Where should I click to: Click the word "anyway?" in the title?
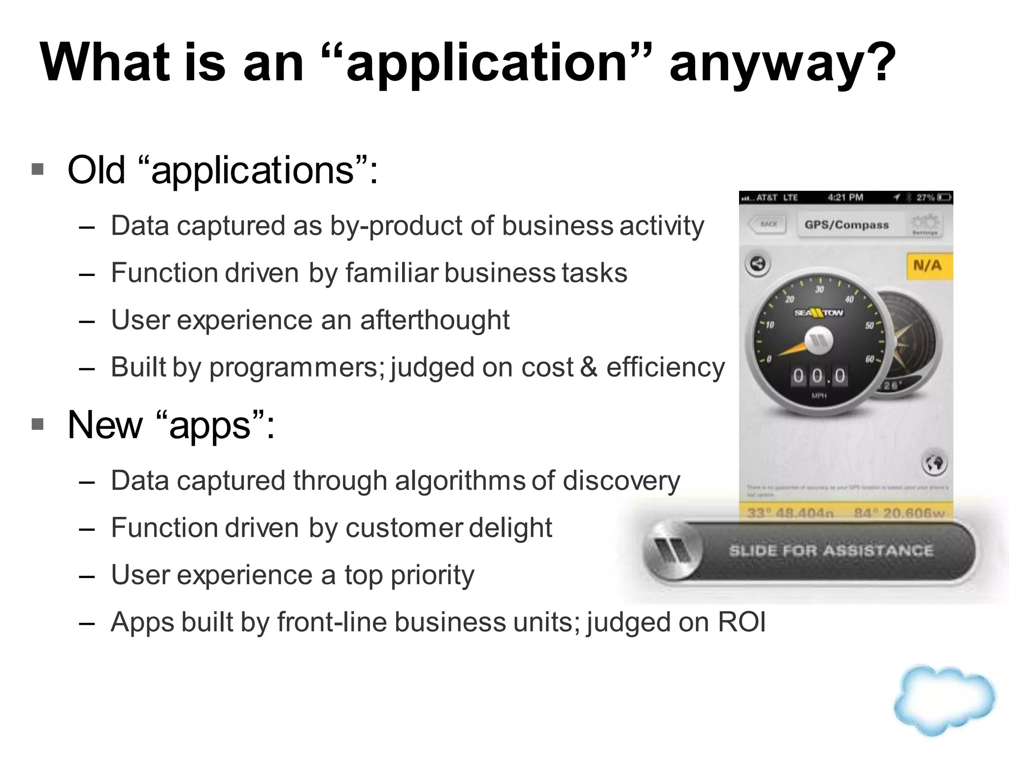[x=782, y=63]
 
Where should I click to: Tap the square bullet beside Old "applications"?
[x=37, y=170]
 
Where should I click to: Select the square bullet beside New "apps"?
[x=37, y=424]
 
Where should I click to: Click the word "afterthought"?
[x=435, y=320]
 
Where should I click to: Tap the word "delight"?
[x=510, y=527]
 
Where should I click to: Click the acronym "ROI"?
[x=741, y=622]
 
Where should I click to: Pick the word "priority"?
[x=432, y=575]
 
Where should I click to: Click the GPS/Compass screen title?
[x=846, y=225]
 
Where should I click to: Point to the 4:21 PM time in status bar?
[x=845, y=198]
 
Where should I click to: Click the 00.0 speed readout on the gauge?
[x=819, y=377]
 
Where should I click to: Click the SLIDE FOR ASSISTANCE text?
[x=831, y=551]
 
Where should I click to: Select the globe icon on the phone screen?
[x=934, y=463]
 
